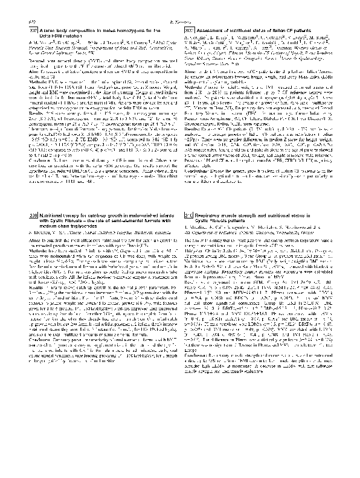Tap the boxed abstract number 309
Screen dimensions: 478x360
(x=34, y=214)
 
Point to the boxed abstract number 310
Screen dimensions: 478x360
(x=188, y=214)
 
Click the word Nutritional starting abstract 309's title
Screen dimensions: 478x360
(x=54, y=214)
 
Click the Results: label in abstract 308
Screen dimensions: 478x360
(x=191, y=113)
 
